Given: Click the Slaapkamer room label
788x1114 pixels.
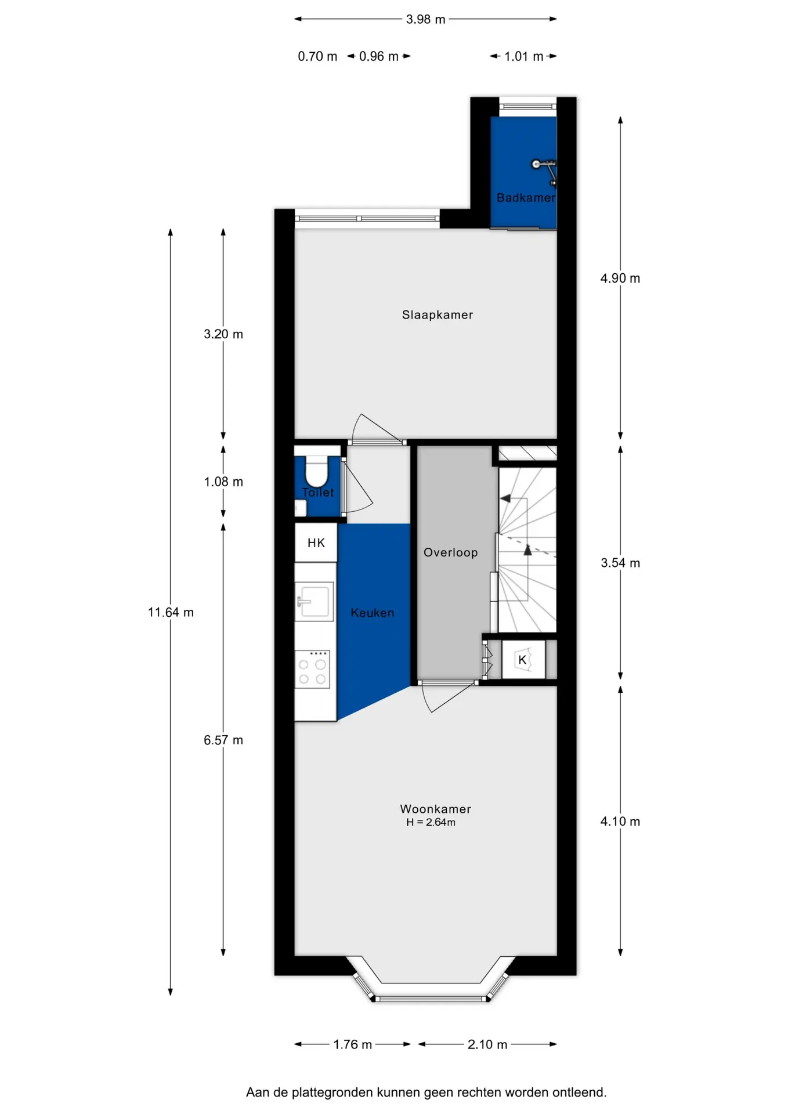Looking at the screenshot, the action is coord(438,315).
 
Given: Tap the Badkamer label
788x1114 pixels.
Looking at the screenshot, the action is coord(526,198).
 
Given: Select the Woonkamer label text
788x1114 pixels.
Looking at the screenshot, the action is coord(435,809).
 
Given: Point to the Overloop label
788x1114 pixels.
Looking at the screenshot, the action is coord(450,552).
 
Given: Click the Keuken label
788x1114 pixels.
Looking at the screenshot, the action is coord(373,613).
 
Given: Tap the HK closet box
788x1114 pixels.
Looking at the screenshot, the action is coord(316,542).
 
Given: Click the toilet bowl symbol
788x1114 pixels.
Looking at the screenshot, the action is coord(316,471).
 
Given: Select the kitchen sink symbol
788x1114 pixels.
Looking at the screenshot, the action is coord(315,601).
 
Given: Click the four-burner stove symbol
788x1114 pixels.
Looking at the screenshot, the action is coord(312,669).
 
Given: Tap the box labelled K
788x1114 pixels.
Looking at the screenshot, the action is coord(523,659).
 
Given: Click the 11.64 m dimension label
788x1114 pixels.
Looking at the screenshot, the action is coord(171,612).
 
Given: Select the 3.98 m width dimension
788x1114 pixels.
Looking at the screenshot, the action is coord(425,19).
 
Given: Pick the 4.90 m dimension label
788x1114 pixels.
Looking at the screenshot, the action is coord(620,278).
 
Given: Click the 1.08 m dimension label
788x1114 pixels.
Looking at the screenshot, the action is coord(223,482).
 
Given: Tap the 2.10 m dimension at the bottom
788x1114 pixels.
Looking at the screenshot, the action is coord(487,1044).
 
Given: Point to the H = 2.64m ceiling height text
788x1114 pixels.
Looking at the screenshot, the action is coord(431,822).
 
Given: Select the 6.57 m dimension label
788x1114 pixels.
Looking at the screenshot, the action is coord(223,740).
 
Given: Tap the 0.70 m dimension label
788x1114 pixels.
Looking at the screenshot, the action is coord(317,56).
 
